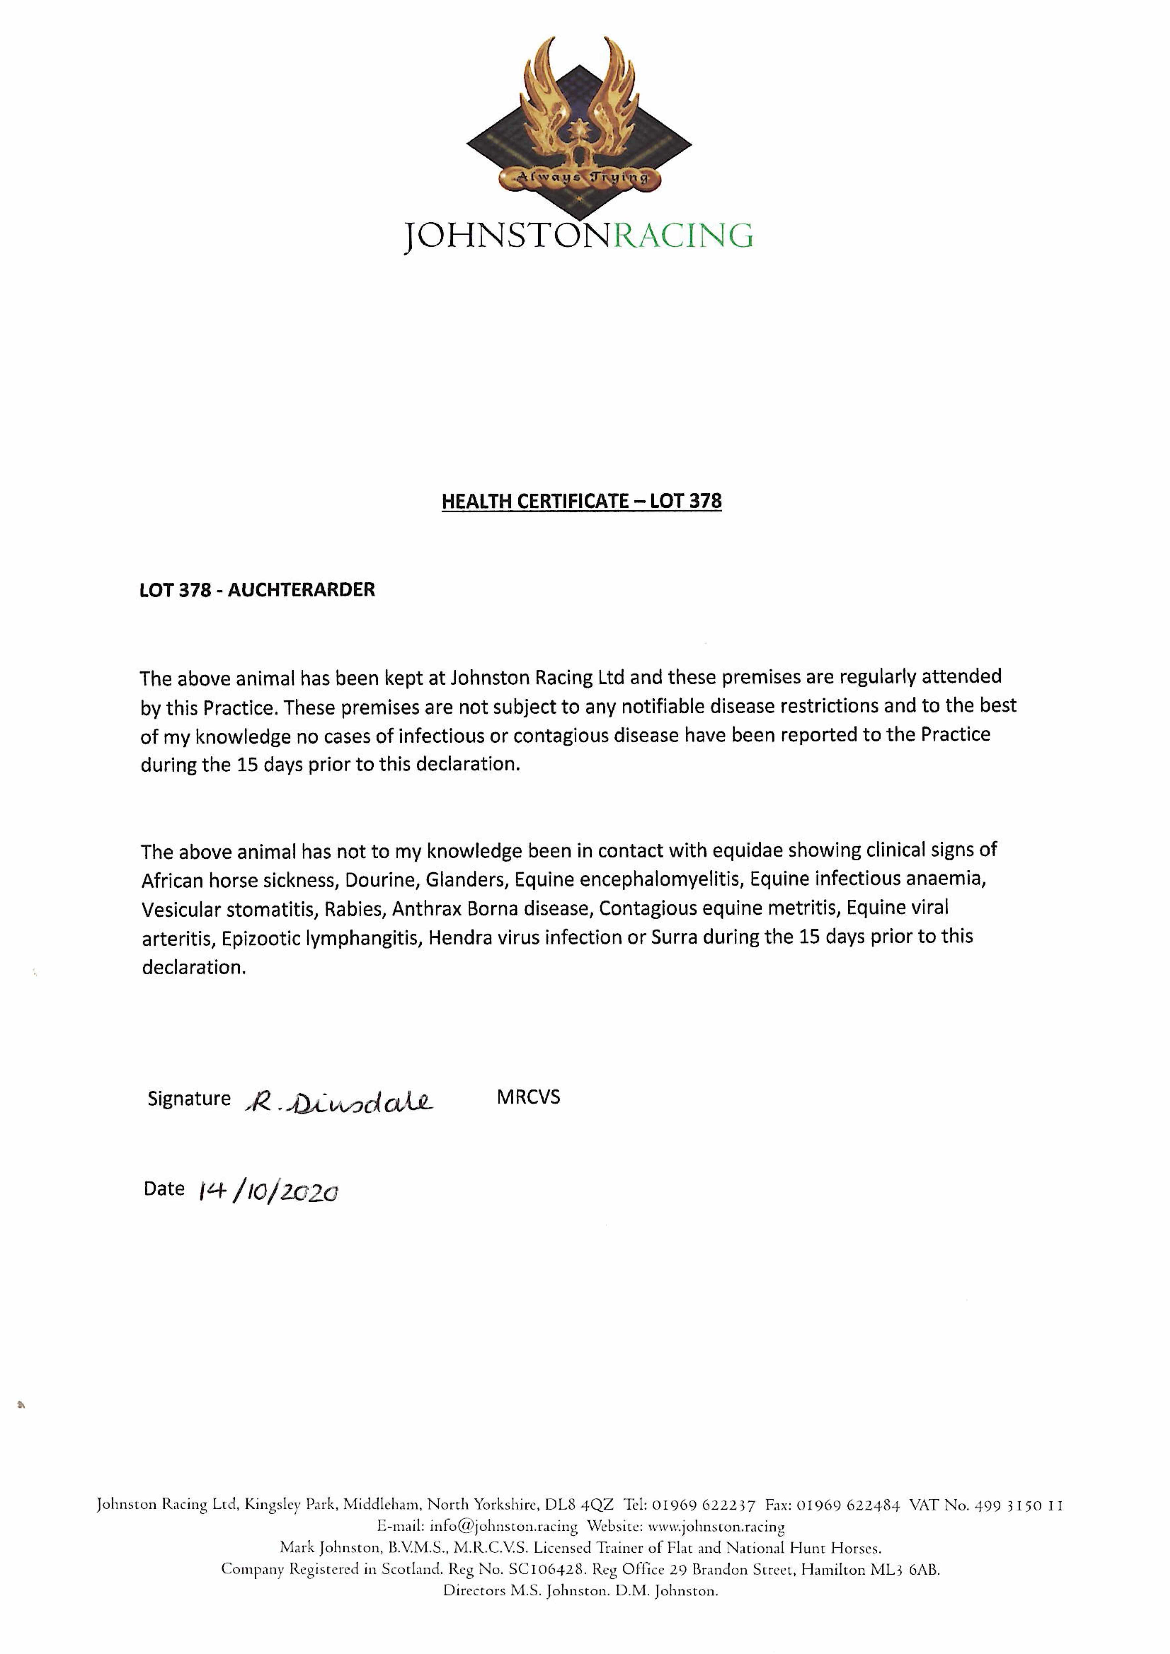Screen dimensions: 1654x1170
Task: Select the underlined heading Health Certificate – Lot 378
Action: click(x=582, y=501)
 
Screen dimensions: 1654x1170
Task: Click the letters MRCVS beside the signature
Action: click(x=528, y=1097)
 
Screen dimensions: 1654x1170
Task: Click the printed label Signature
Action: click(x=189, y=1099)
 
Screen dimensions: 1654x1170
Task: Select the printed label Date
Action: click(x=164, y=1189)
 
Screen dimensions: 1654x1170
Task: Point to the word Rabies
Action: click(x=352, y=909)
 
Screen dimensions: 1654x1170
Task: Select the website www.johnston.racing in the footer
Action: click(x=716, y=1526)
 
